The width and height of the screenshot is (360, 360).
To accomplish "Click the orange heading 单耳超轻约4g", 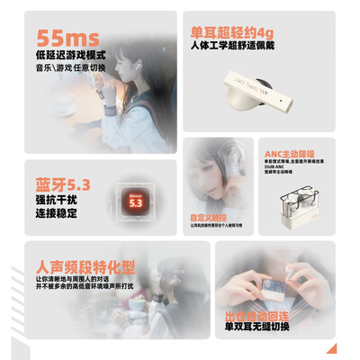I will tap(229, 32).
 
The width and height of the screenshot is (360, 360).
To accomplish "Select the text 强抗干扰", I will tap(54, 201).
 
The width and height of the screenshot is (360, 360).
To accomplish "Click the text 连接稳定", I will tap(54, 214).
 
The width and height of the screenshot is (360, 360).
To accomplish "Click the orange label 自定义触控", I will tap(209, 218).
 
